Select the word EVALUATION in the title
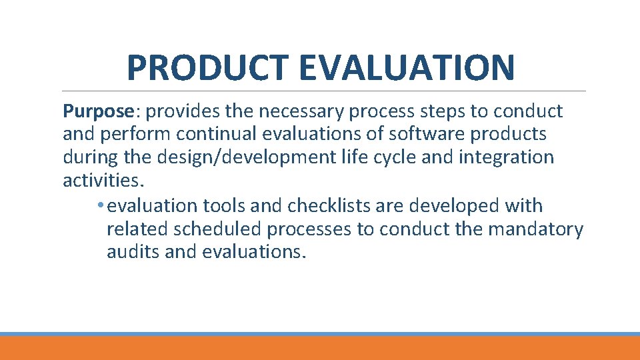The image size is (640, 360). point(407,67)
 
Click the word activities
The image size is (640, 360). point(103,181)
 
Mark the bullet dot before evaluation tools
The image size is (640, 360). point(99,206)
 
